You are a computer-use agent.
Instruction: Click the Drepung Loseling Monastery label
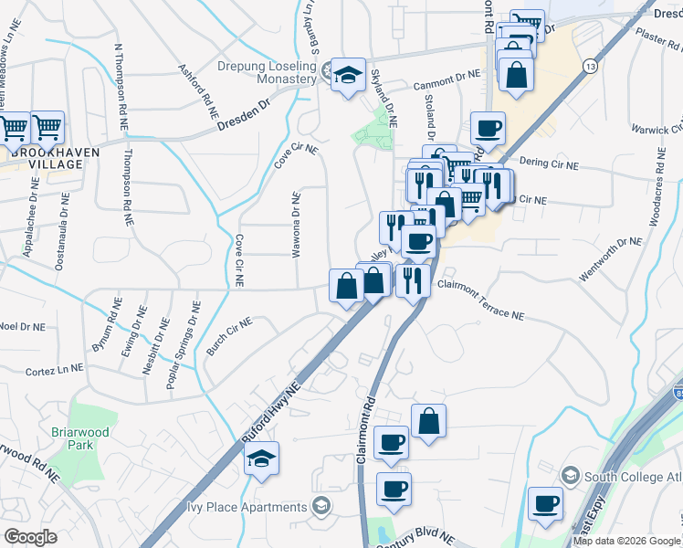click(255, 72)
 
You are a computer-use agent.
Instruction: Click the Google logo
click(30, 537)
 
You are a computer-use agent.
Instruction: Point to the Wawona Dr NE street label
click(296, 225)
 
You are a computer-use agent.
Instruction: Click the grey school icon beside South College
click(571, 475)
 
